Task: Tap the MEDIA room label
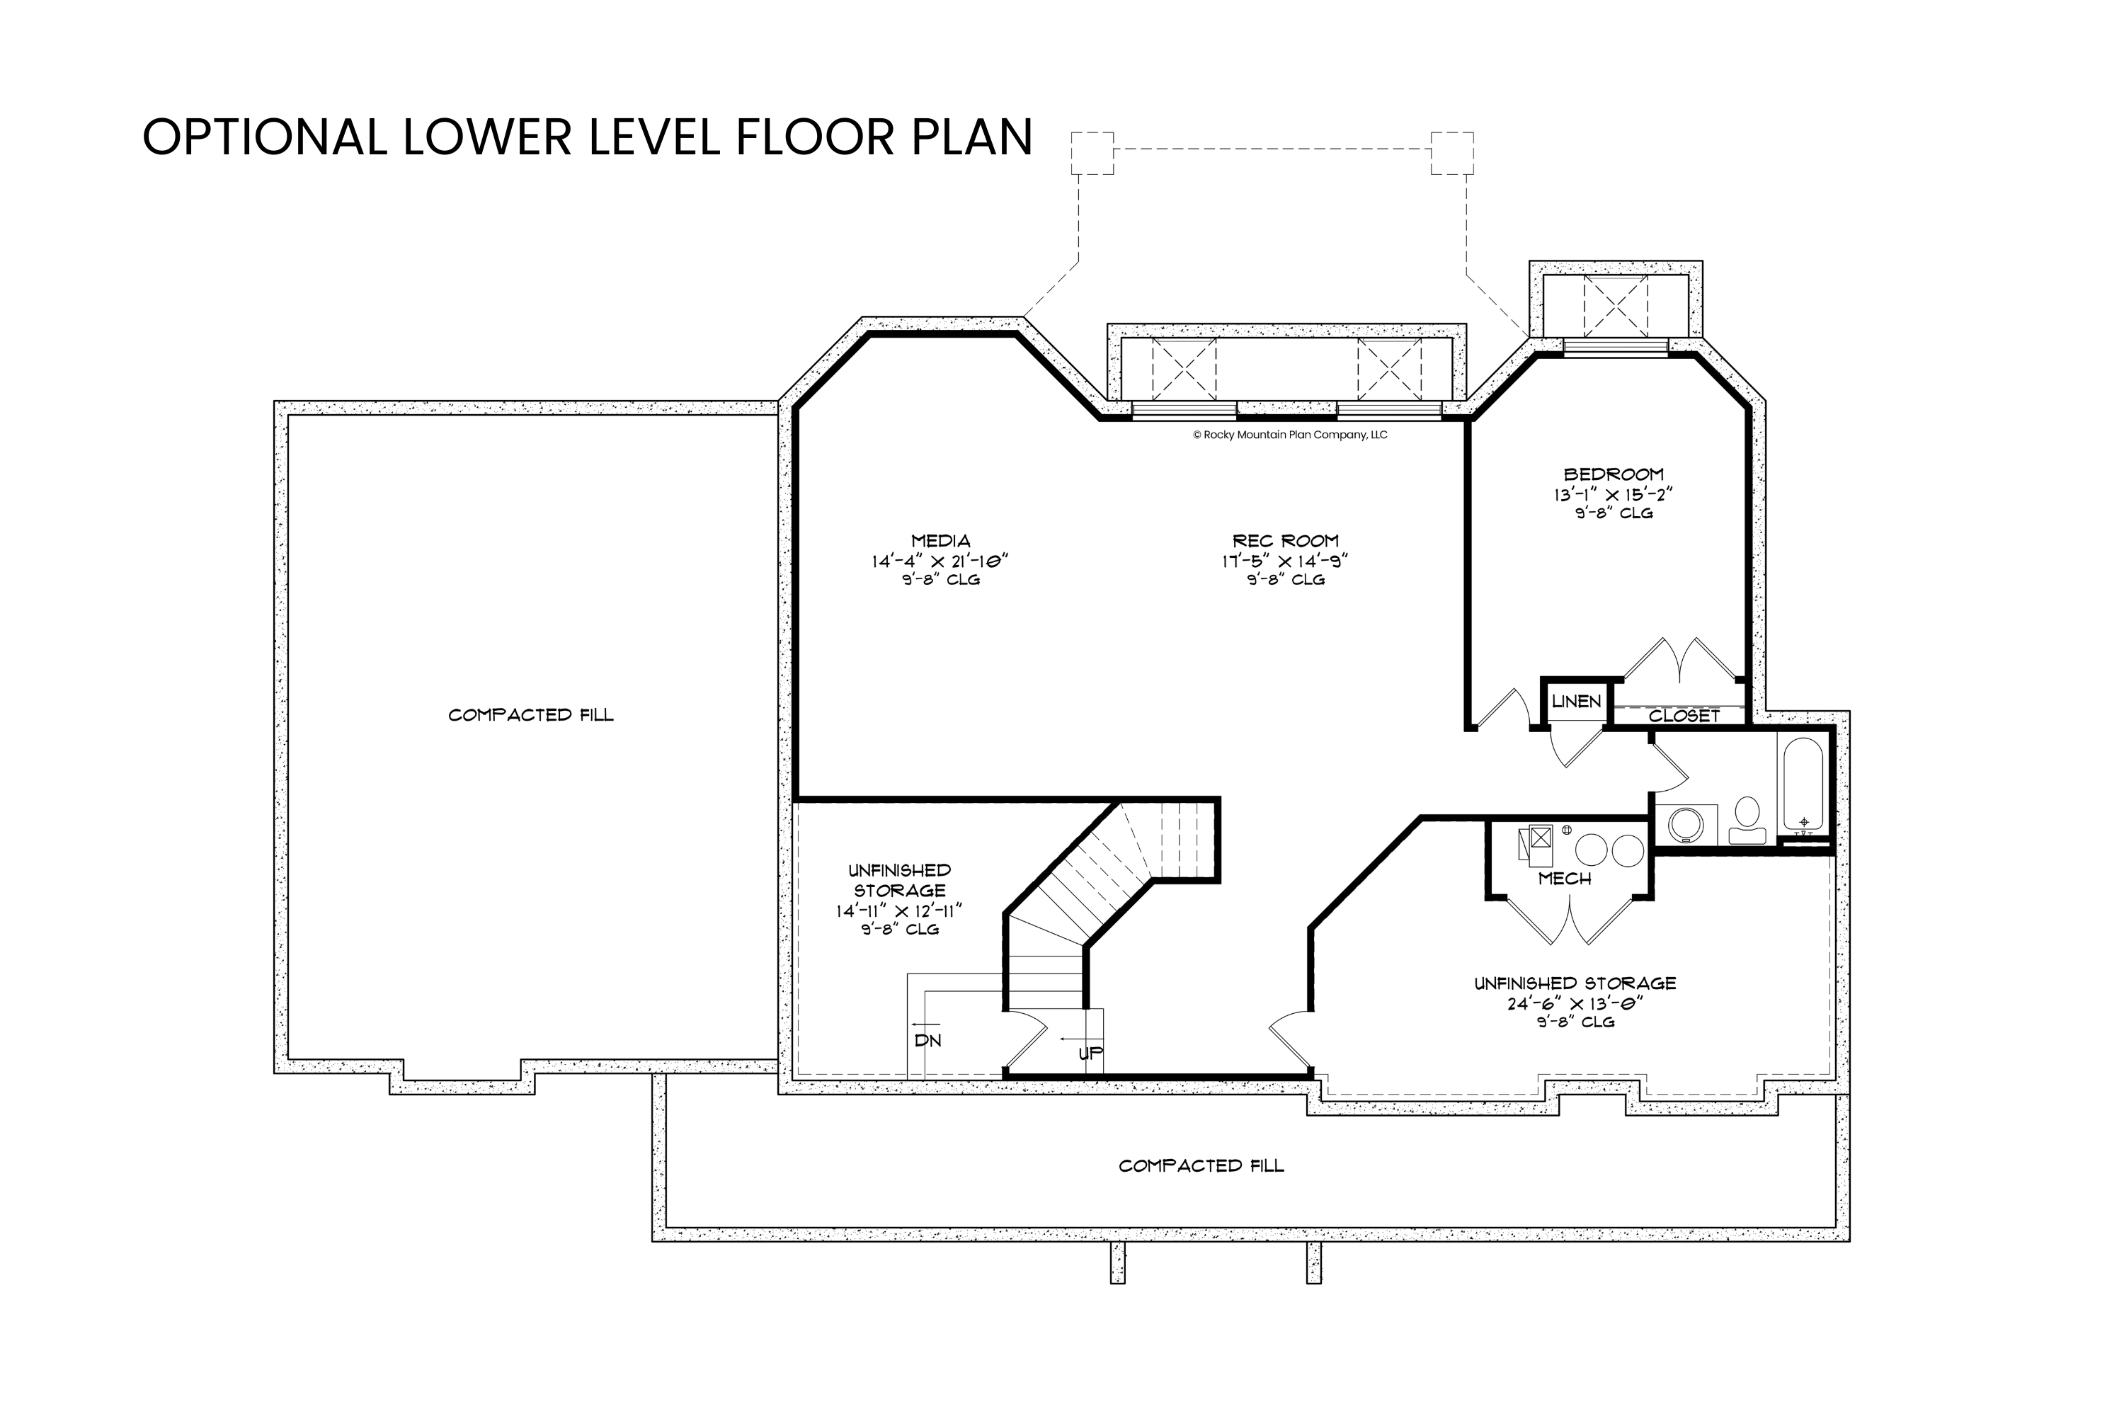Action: point(940,541)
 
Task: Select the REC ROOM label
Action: point(1285,541)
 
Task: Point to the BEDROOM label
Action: point(1614,474)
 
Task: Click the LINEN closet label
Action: point(1577,702)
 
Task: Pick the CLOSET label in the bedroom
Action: point(1684,716)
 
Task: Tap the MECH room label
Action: point(1565,879)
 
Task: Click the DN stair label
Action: point(927,1040)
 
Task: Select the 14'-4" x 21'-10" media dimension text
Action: point(940,561)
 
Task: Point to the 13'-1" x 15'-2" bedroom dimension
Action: point(1613,495)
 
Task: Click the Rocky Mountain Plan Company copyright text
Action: point(1289,435)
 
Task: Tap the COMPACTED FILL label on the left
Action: point(531,715)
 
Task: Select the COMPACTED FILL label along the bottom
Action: point(1201,1166)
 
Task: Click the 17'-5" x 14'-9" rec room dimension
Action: point(1285,561)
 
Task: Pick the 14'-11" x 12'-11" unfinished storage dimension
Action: point(899,911)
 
